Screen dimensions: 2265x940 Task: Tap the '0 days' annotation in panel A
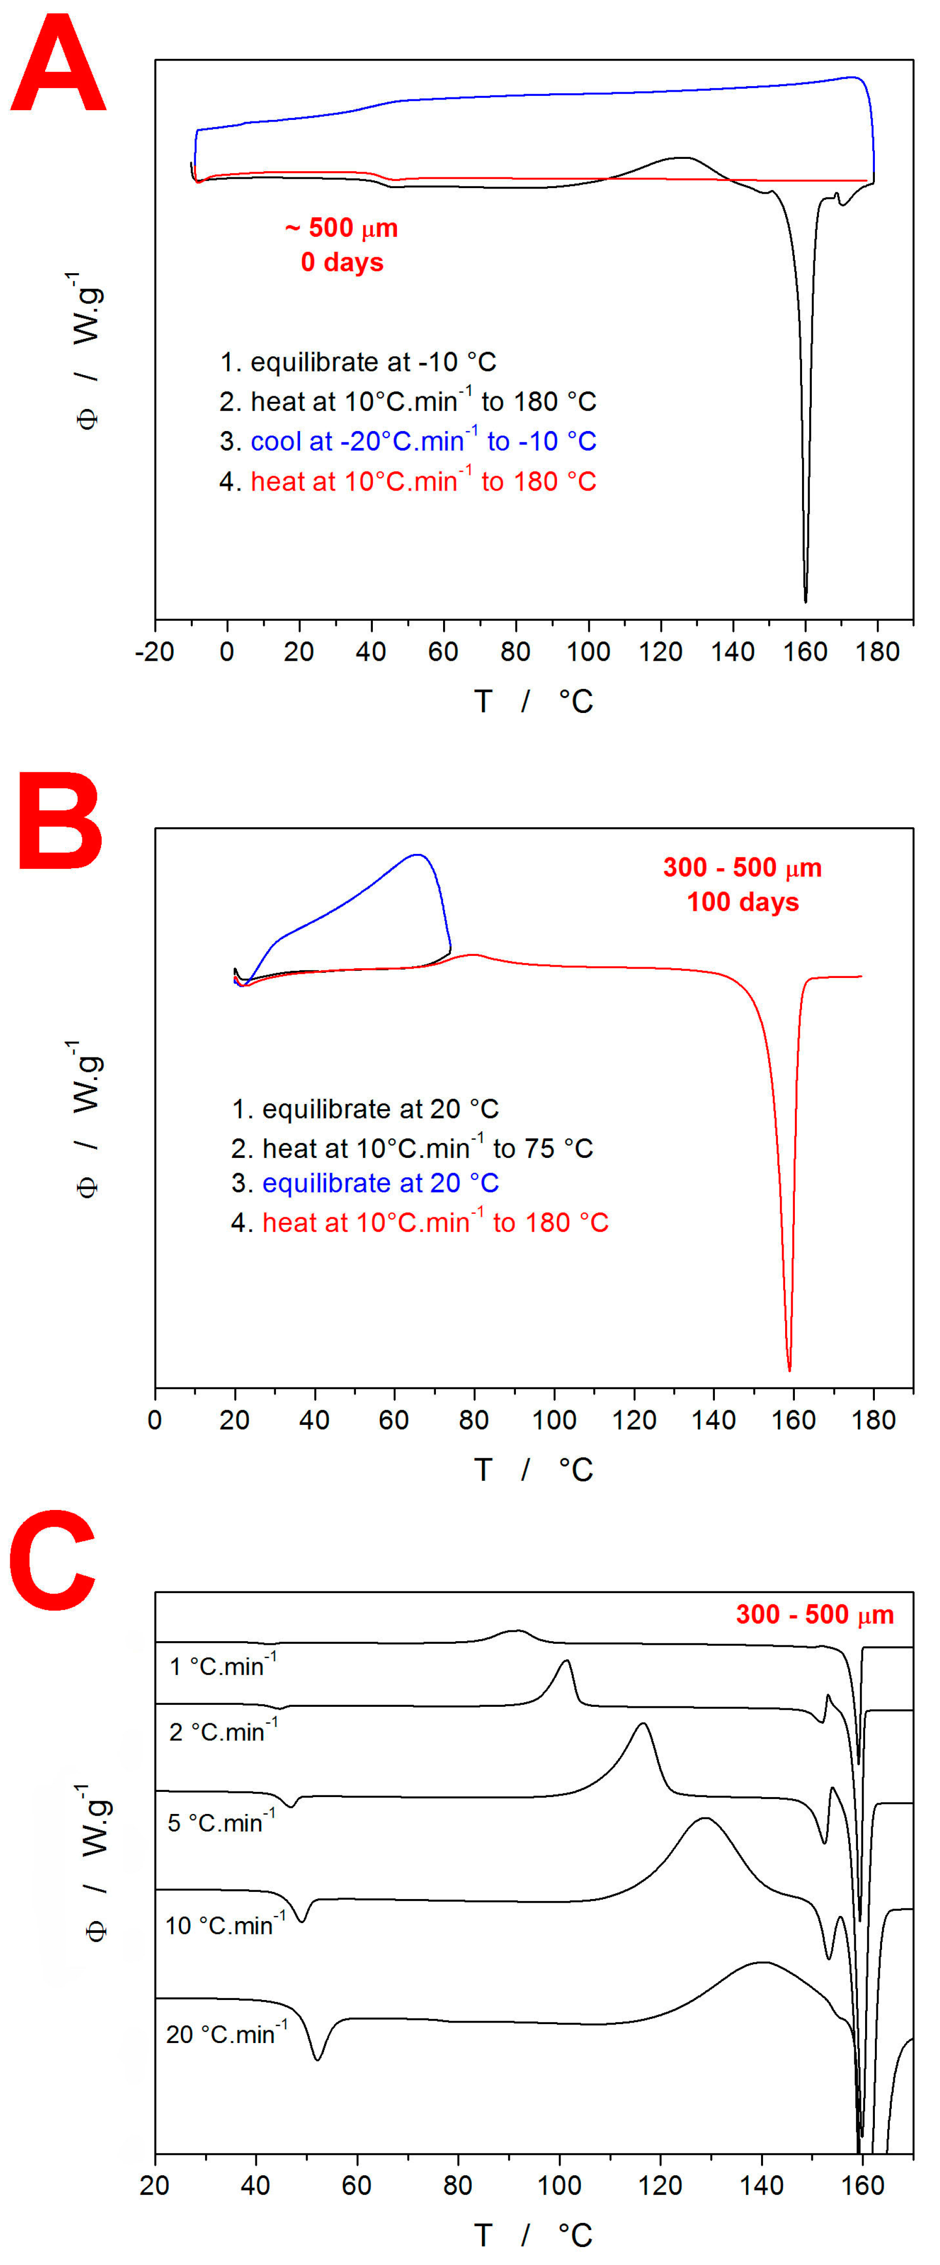pos(342,262)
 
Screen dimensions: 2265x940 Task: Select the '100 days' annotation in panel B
pos(743,902)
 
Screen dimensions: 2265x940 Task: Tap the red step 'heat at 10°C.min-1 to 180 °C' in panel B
pos(435,1222)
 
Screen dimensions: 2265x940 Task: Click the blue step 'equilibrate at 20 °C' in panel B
pos(380,1182)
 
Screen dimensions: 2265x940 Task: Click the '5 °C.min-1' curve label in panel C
pos(222,1822)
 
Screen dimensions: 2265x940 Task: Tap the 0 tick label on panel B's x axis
pos(155,1419)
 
